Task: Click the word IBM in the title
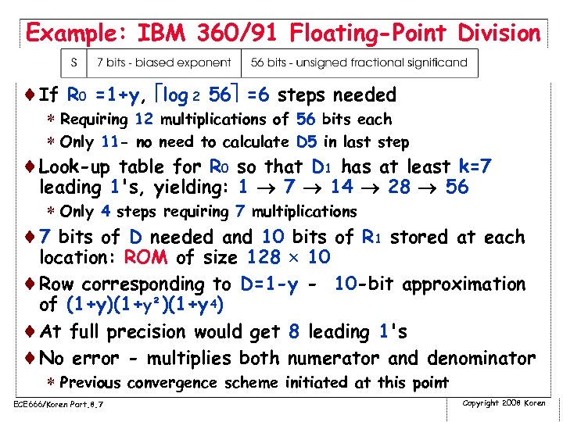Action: click(164, 33)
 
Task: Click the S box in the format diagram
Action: click(74, 63)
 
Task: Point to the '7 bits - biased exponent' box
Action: click(163, 63)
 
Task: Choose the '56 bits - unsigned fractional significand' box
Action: click(359, 63)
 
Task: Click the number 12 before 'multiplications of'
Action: click(144, 120)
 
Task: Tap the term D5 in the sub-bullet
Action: click(306, 142)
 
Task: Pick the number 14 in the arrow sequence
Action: click(342, 188)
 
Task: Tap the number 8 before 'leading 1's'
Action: click(293, 331)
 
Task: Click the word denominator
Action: click(480, 359)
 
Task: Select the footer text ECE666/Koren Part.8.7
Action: click(59, 403)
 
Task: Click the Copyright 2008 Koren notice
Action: click(504, 402)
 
